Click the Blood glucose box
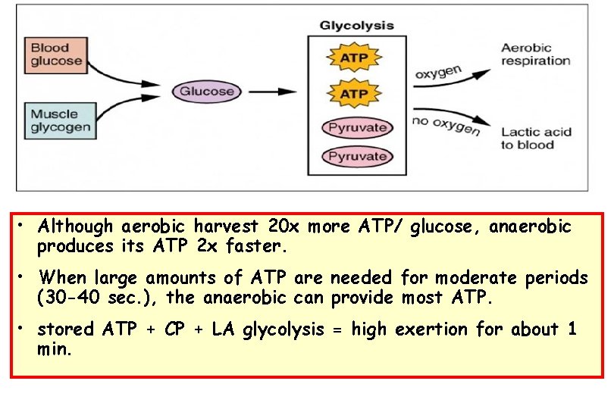pyautogui.click(x=55, y=54)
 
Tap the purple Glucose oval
pyautogui.click(x=206, y=92)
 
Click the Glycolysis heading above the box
pyautogui.click(x=356, y=25)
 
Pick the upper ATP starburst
pyautogui.click(x=353, y=58)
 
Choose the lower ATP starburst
pyautogui.click(x=353, y=93)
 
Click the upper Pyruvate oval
pyautogui.click(x=357, y=127)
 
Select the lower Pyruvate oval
pyautogui.click(x=357, y=157)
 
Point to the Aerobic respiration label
pyautogui.click(x=535, y=54)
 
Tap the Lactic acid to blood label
pyautogui.click(x=535, y=138)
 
